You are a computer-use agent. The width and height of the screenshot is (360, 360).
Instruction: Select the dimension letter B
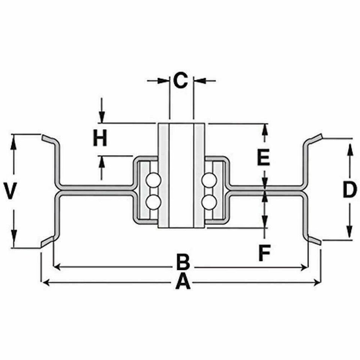(x=183, y=262)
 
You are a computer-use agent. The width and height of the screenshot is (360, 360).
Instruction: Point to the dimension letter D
(x=349, y=189)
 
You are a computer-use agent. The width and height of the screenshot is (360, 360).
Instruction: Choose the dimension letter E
(x=263, y=157)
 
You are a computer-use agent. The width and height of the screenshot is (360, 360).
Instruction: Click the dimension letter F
(x=264, y=253)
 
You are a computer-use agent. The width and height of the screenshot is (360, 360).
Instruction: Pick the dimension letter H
(x=100, y=138)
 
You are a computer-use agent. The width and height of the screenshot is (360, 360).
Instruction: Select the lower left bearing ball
(x=153, y=202)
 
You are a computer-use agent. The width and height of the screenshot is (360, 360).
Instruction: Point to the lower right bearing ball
(x=209, y=202)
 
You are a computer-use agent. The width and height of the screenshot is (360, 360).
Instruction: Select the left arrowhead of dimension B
(x=57, y=267)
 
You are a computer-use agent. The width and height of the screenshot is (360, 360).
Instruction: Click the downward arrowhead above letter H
(x=102, y=117)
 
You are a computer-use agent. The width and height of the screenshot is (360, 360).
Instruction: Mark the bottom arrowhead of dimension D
(x=349, y=232)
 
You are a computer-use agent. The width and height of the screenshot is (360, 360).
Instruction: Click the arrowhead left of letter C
(x=163, y=81)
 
